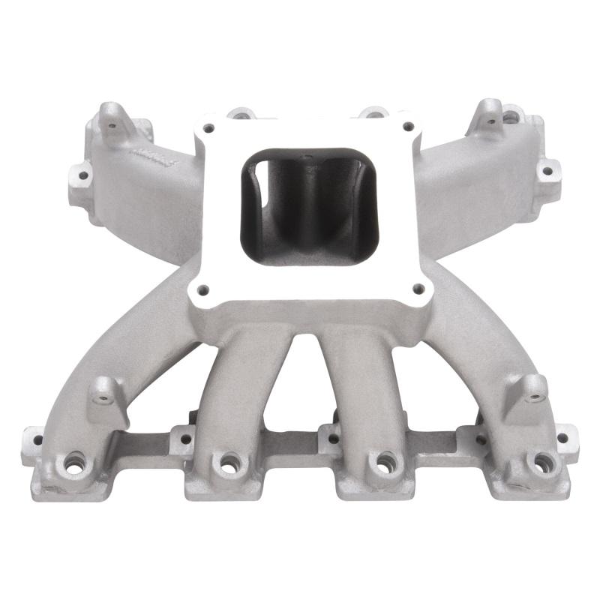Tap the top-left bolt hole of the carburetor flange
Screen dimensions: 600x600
[x=209, y=127]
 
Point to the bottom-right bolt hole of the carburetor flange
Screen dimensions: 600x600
[x=418, y=286]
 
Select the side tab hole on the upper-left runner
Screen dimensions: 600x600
[x=81, y=176]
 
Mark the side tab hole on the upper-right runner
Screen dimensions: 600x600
[x=547, y=171]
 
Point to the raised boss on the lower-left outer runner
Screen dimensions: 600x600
[x=106, y=389]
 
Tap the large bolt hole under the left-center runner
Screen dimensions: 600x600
[x=226, y=462]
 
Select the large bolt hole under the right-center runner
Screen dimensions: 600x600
[x=383, y=462]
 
